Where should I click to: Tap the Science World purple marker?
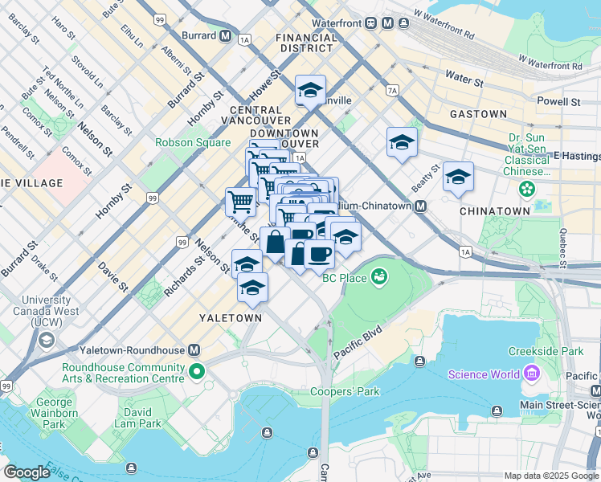[530, 374]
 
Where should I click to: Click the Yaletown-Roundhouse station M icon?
[194, 350]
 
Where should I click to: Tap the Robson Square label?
[187, 144]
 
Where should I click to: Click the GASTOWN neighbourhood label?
[478, 115]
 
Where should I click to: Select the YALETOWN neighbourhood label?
[231, 318]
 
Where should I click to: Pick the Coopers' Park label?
[351, 391]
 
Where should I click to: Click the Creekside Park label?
[546, 352]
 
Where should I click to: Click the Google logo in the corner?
[27, 472]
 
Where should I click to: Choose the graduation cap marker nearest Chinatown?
[458, 177]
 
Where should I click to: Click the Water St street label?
[464, 81]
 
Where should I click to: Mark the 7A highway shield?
[392, 91]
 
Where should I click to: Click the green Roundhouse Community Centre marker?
[197, 373]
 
